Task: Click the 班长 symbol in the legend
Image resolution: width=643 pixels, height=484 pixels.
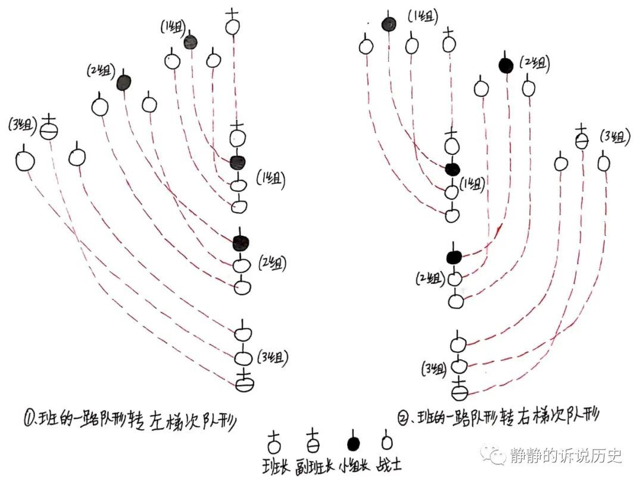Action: (x=274, y=442)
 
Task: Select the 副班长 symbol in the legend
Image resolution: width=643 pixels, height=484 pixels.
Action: (x=313, y=441)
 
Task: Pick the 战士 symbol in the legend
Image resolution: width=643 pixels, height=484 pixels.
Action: (x=386, y=441)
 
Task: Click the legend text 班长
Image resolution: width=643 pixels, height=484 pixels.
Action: (x=276, y=466)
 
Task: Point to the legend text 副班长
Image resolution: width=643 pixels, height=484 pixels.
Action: (x=314, y=466)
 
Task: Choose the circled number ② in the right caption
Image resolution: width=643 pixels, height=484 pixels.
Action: (x=404, y=419)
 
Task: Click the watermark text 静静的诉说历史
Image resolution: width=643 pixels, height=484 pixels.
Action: (x=566, y=455)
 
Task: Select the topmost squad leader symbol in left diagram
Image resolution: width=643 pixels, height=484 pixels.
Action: (x=233, y=23)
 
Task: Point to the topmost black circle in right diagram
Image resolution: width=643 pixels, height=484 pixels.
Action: (x=389, y=24)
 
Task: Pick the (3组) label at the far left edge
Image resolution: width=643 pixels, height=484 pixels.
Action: (x=23, y=124)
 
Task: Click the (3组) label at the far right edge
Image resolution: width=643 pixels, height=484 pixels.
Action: (x=614, y=136)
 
